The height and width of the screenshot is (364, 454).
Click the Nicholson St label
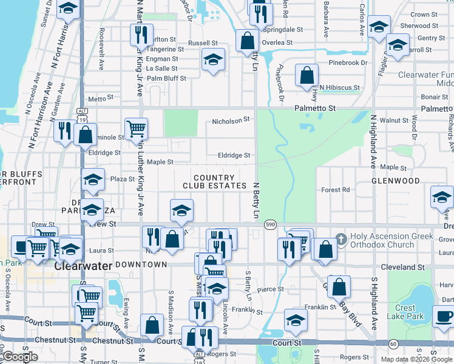tap(231, 121)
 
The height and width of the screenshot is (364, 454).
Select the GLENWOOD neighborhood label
tap(396, 181)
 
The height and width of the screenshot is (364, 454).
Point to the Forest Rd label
tap(336, 190)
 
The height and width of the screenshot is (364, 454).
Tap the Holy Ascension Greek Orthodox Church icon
tap(340, 239)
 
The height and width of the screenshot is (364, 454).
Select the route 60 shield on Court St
tap(393, 344)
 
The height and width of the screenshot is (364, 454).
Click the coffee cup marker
tap(443, 317)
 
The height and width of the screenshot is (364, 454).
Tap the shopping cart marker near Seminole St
tap(136, 128)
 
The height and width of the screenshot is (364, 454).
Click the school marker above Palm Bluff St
tap(213, 59)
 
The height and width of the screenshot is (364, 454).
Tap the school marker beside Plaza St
tap(93, 180)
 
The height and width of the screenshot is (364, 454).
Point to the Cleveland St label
tap(401, 267)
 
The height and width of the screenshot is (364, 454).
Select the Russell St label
tap(203, 44)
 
